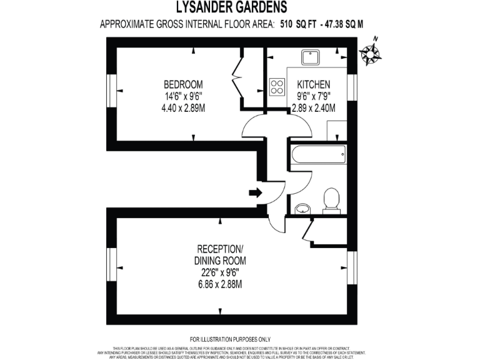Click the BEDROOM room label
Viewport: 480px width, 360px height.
click(x=183, y=85)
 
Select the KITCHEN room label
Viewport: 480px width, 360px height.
click(x=313, y=85)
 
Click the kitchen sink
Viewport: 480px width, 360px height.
click(x=310, y=57)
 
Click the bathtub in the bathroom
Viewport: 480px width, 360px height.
click(x=317, y=154)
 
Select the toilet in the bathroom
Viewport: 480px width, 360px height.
click(x=331, y=199)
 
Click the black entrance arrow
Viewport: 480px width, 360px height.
click(x=256, y=192)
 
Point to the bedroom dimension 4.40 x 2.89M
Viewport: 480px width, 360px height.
click(x=183, y=107)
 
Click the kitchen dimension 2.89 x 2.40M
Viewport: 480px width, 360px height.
click(x=313, y=107)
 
